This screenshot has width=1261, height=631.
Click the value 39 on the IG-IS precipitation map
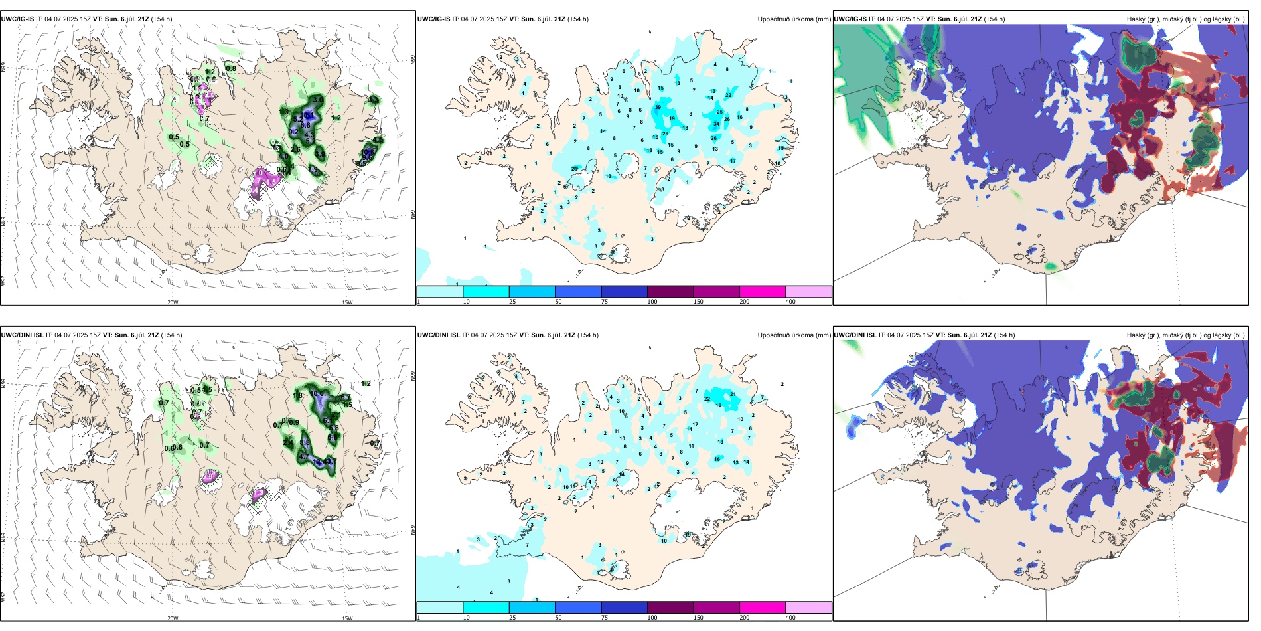658,107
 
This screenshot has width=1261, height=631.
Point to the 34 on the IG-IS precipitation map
716,124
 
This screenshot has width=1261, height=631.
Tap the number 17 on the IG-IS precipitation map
733,161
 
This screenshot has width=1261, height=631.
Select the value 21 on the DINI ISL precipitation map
733,394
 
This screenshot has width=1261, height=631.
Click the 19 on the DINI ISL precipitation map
688,535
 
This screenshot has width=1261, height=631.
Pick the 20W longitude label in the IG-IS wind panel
173,302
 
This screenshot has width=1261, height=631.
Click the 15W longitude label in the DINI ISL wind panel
347,618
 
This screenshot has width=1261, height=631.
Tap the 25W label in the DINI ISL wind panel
3,597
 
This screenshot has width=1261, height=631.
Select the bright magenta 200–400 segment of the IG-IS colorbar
763,292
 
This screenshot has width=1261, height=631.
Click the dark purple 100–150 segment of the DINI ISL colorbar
670,608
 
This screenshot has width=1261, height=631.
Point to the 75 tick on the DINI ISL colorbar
604,618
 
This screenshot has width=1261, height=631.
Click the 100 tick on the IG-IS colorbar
652,302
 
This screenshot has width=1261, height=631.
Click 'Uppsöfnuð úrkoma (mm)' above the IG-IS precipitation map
794,19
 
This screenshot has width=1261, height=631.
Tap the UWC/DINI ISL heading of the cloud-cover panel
855,335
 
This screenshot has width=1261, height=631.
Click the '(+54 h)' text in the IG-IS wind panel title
162,19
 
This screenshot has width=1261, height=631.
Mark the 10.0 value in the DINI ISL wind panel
317,394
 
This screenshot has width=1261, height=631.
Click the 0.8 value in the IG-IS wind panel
231,68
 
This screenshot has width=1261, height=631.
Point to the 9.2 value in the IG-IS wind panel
293,132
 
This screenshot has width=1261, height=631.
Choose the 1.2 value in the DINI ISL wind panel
366,383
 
